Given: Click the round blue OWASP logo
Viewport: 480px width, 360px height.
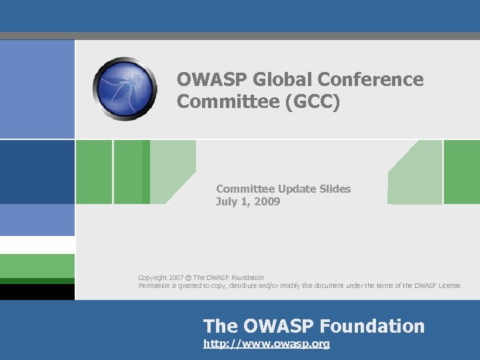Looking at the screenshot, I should [125, 88].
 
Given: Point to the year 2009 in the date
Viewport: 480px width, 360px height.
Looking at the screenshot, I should [267, 201].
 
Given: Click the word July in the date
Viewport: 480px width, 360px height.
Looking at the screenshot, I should [227, 201].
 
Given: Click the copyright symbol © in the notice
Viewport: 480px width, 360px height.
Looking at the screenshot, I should [188, 277].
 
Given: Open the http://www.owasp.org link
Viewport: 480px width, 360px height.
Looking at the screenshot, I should [266, 344].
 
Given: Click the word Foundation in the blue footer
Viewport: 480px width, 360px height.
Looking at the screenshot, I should [372, 326].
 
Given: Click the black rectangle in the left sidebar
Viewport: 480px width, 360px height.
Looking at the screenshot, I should [37, 291].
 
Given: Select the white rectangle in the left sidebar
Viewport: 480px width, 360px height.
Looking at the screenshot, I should [37, 245].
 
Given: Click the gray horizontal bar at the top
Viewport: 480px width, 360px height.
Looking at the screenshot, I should [240, 35].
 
